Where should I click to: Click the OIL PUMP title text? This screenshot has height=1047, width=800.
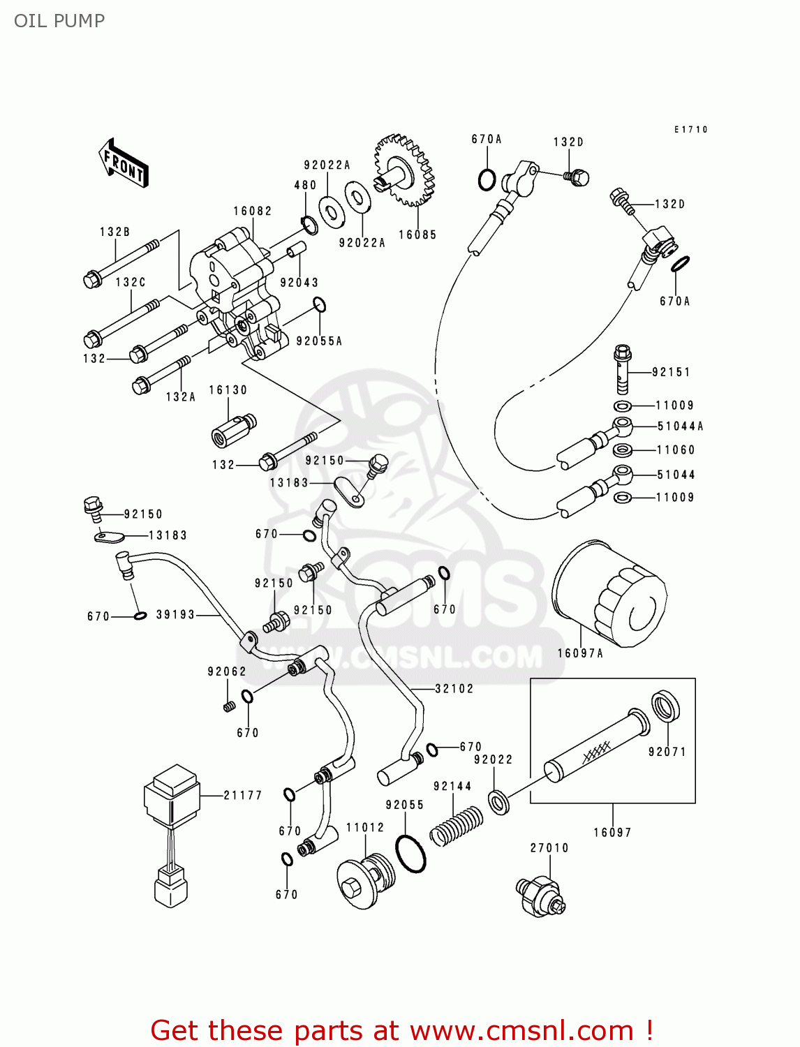59,21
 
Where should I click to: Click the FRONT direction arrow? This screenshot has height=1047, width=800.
124,164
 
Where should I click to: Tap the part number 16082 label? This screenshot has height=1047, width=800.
253,211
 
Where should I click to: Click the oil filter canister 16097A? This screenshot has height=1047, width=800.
609,594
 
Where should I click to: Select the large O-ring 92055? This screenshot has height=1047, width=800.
410,852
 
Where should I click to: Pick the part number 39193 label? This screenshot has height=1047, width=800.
175,614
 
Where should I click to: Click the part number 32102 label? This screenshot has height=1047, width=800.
454,688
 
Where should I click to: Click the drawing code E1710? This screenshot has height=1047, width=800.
690,129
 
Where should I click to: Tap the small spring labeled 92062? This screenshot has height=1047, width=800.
228,706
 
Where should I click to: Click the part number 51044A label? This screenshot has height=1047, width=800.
680,426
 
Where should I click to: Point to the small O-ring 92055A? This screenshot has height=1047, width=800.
320,305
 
